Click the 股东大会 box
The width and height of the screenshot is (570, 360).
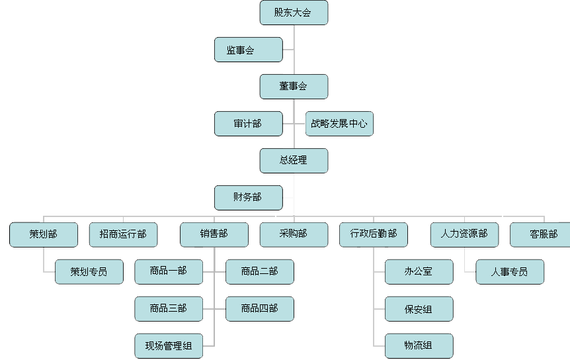tap(294, 13)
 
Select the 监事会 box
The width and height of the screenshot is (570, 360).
tap(248, 50)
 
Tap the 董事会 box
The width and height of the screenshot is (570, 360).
tap(294, 87)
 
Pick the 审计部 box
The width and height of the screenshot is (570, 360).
tap(248, 124)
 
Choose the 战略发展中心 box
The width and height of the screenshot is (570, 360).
tap(339, 124)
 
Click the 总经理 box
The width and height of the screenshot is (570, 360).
tap(294, 161)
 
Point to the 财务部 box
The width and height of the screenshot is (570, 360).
tap(248, 198)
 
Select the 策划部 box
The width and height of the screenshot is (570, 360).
tap(44, 235)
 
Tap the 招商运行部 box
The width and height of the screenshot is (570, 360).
tap(123, 235)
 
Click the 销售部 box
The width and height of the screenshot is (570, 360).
tap(214, 235)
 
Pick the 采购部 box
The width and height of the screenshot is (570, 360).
tap(294, 235)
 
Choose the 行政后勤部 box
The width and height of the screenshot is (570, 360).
tap(374, 235)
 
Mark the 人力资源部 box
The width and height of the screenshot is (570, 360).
tap(465, 235)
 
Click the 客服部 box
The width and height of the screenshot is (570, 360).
tap(540, 235)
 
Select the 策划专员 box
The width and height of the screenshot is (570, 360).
tap(89, 271)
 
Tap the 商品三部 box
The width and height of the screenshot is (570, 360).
tap(169, 309)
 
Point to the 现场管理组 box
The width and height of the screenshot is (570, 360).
tap(169, 346)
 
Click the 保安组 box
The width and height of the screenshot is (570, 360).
tap(419, 309)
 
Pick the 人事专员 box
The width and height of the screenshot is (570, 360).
tap(510, 271)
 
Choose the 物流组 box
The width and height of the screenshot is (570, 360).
tap(419, 346)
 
